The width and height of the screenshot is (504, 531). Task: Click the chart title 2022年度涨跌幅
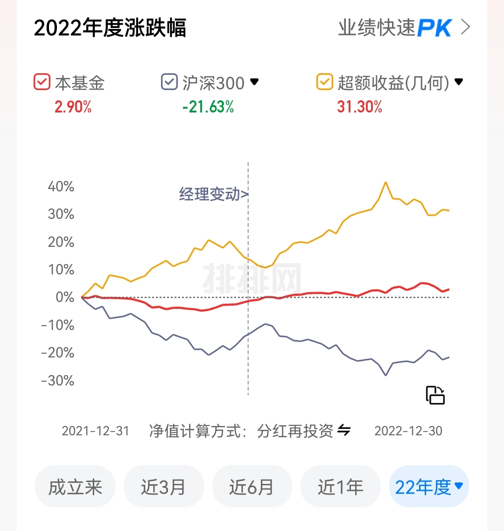[110, 28]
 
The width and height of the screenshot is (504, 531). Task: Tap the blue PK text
[434, 28]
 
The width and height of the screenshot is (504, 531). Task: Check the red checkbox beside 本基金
[42, 82]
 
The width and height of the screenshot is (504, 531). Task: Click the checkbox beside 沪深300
[169, 82]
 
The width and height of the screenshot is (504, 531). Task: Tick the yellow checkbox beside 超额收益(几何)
[324, 82]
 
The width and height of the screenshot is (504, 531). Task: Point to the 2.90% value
[73, 107]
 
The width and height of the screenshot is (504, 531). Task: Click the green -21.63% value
[208, 107]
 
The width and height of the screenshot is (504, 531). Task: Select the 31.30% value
[359, 107]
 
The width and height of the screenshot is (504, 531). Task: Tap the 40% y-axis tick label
[61, 187]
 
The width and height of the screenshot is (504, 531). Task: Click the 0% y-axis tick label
[65, 297]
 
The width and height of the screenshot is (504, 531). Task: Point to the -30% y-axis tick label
[58, 380]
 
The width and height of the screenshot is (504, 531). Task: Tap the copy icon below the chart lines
[435, 395]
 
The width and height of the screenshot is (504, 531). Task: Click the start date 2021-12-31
[95, 431]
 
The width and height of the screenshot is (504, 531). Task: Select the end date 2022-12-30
[408, 431]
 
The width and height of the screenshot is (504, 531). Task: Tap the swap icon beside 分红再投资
[344, 430]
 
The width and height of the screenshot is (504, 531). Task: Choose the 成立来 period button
[75, 487]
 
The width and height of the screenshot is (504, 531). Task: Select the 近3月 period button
[163, 487]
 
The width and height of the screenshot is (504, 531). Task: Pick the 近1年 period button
[340, 487]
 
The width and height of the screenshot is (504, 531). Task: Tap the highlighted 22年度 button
[429, 487]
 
